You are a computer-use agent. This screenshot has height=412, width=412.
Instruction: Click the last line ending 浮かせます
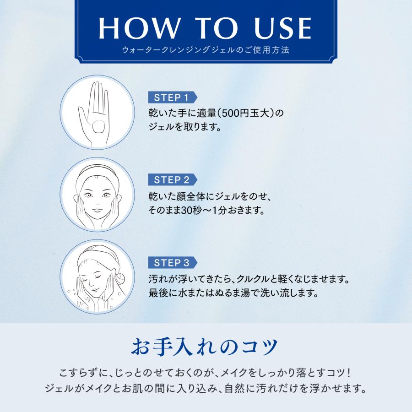(x=206, y=390)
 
